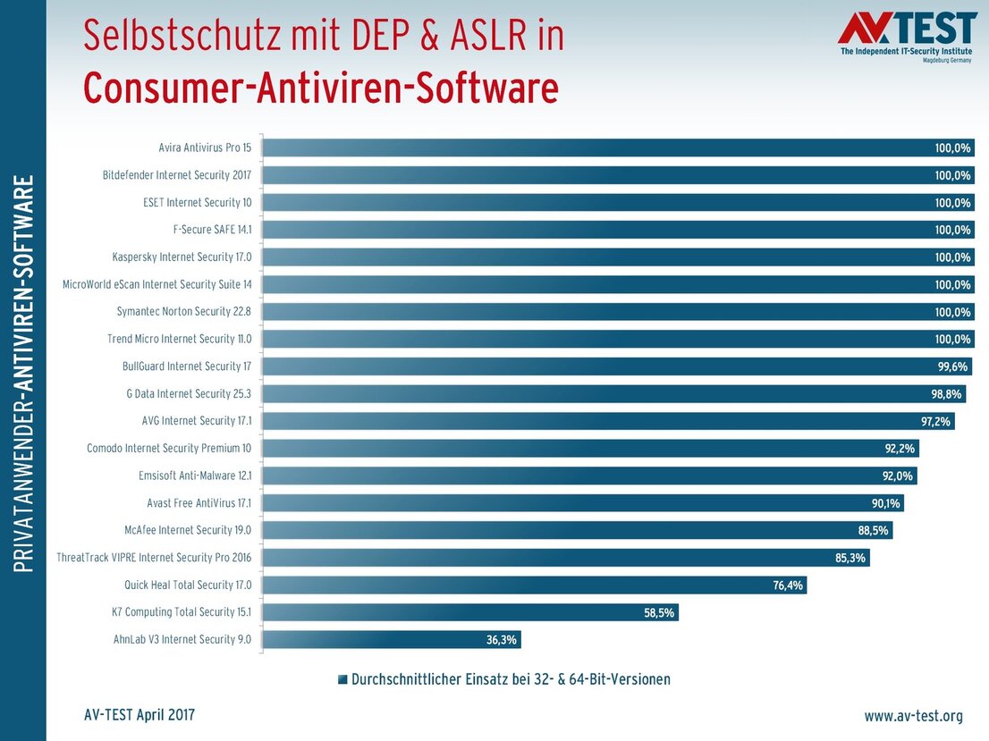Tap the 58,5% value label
tap(659, 612)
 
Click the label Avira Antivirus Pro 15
tap(205, 147)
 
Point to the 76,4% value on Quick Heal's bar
tap(787, 585)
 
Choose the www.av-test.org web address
tap(912, 716)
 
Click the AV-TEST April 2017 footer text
tap(139, 715)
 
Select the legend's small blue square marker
tap(342, 680)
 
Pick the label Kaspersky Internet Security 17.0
tap(182, 257)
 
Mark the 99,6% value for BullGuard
tap(952, 366)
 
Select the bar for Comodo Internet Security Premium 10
tap(590, 449)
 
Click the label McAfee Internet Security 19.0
tap(187, 530)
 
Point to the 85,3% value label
tap(850, 558)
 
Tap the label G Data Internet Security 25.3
tap(189, 393)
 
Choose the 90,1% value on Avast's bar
tap(885, 503)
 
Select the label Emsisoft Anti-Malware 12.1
tap(195, 476)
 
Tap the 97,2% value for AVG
tap(935, 421)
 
